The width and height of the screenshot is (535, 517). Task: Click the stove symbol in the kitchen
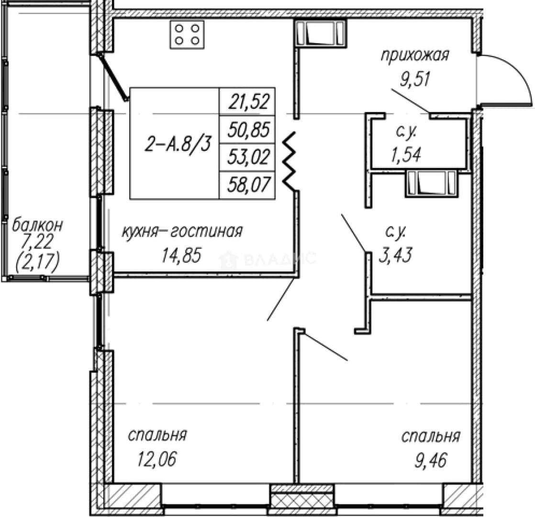coord(187,34)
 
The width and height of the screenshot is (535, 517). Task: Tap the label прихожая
coord(414,56)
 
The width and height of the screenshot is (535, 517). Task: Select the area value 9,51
coord(415,79)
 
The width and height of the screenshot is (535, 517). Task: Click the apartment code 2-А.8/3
coord(178,144)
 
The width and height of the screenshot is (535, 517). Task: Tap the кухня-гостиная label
coord(182,232)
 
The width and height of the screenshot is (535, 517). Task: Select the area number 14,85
coord(182,255)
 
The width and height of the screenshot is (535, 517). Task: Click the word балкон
coord(37,225)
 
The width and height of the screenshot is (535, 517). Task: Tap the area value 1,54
coord(406,155)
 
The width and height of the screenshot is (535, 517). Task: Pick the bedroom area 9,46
coord(431,461)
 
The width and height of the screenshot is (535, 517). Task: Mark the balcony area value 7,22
coord(37,242)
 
